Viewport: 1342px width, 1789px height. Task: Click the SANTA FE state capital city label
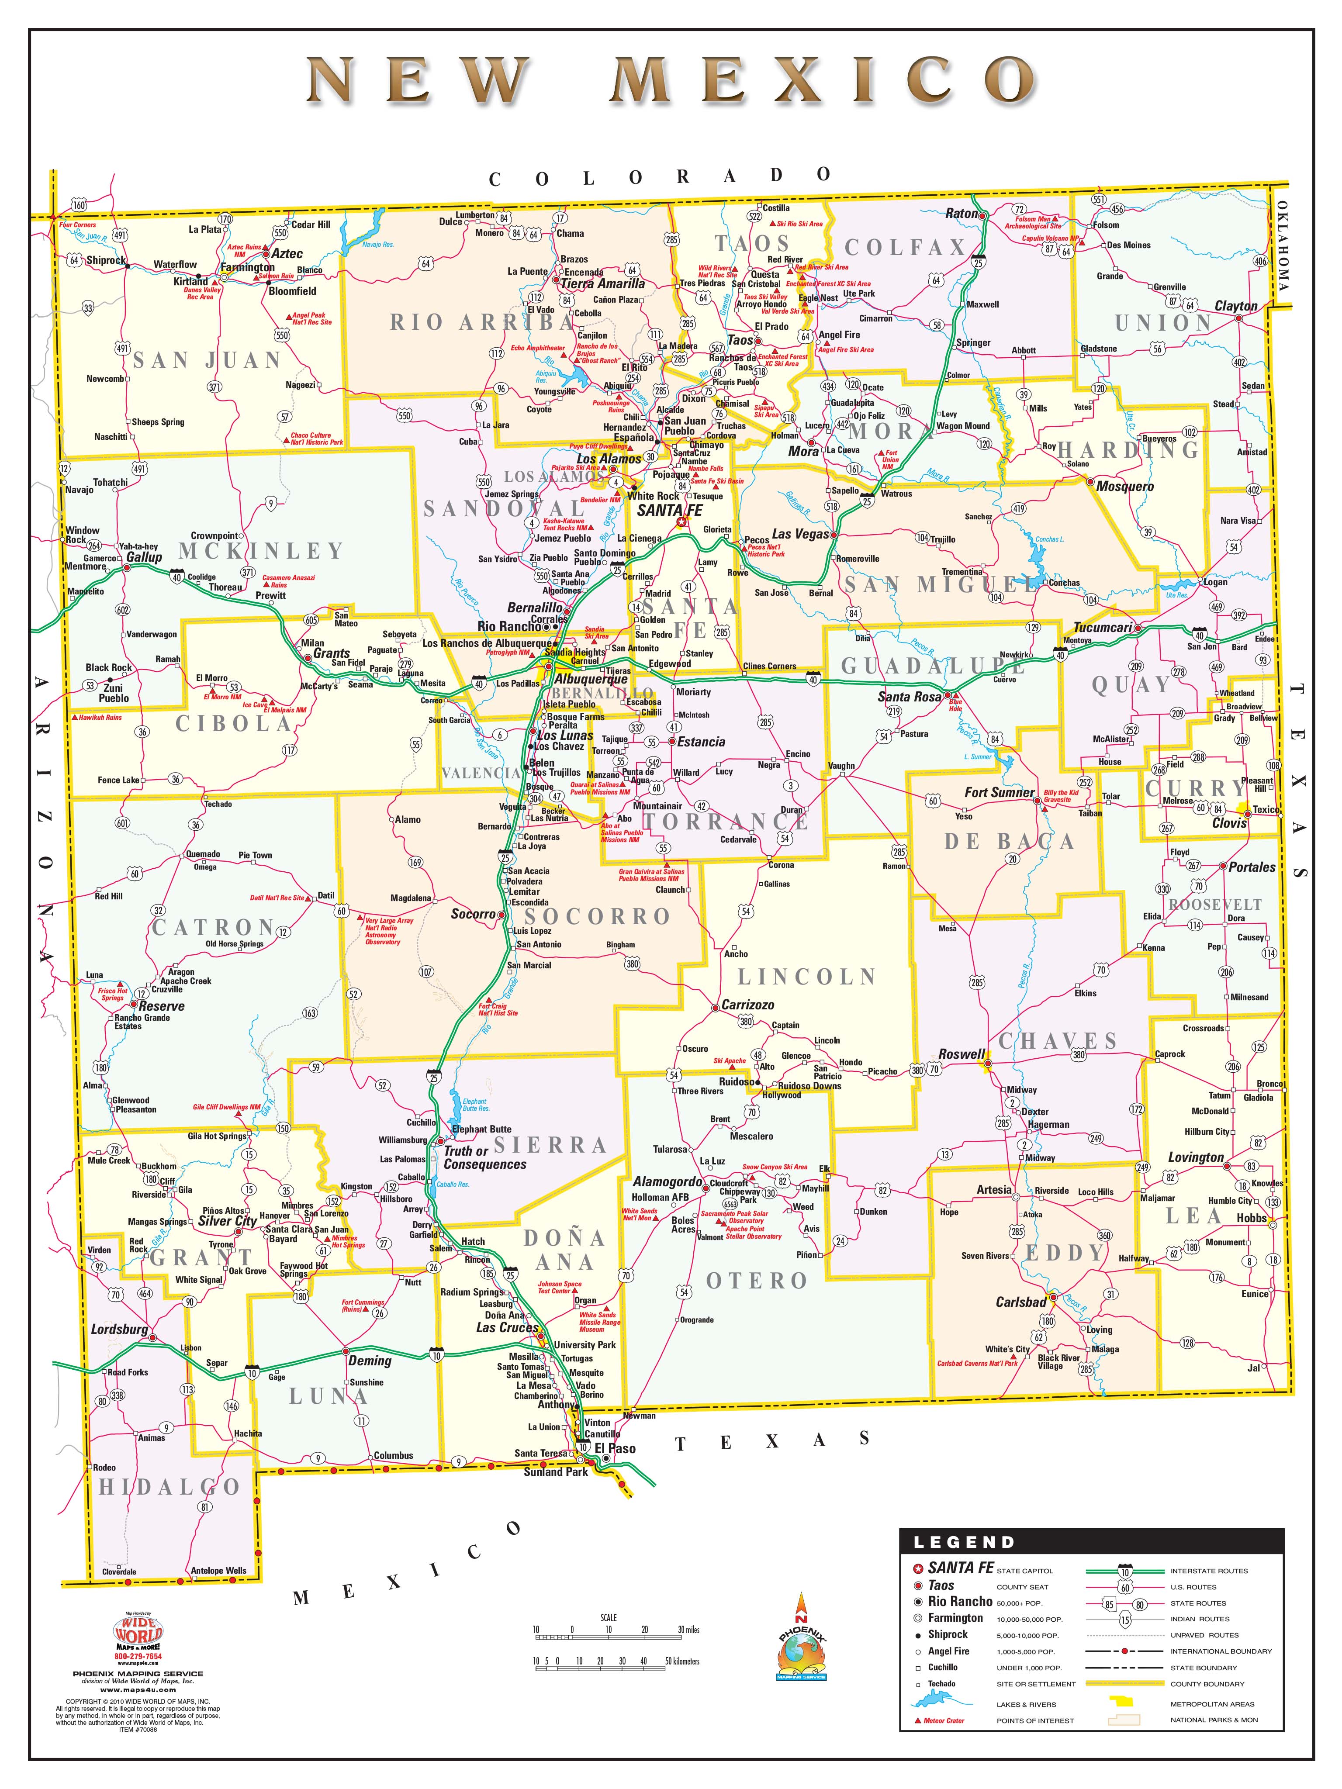coord(670,510)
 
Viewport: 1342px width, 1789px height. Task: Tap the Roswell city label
coord(961,1054)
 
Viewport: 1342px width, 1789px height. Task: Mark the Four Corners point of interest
coord(78,225)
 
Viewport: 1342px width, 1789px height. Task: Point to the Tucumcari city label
coord(1102,628)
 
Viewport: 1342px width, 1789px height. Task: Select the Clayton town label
coord(1235,306)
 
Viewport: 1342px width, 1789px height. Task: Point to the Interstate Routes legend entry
coord(1208,1571)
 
